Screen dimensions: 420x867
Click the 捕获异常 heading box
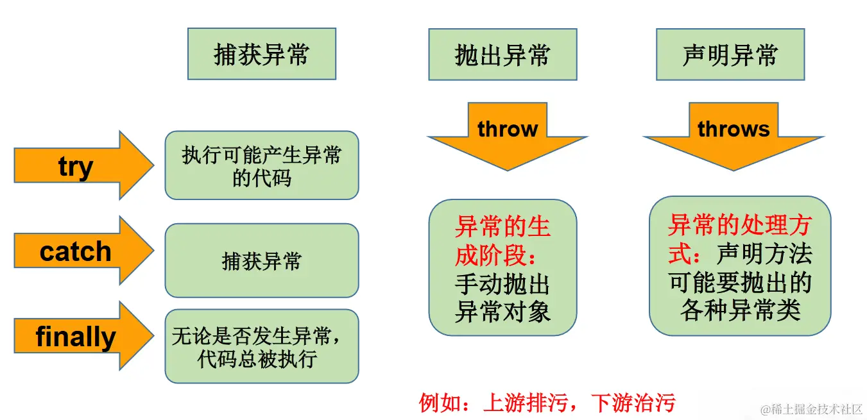point(261,54)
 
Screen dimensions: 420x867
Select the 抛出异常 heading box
point(502,54)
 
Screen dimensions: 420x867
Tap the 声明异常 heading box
point(730,54)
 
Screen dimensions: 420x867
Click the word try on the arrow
point(76,167)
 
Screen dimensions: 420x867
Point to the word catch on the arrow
point(76,251)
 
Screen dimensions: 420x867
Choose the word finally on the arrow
point(76,337)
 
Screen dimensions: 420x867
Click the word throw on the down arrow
point(507,129)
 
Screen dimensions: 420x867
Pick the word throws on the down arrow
point(734,129)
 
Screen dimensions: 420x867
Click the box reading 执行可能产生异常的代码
point(261,165)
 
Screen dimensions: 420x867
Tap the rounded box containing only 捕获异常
point(261,261)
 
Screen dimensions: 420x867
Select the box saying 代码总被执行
point(261,347)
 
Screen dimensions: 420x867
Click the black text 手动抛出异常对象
point(502,298)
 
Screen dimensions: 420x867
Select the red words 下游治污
point(632,403)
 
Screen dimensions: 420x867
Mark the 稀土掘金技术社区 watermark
point(812,409)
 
